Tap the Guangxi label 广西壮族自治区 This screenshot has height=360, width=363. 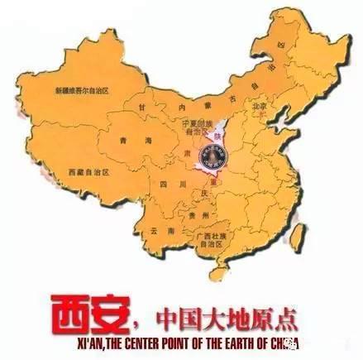(212, 240)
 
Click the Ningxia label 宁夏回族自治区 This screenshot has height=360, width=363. (198, 126)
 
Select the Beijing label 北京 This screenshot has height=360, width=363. (260, 107)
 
